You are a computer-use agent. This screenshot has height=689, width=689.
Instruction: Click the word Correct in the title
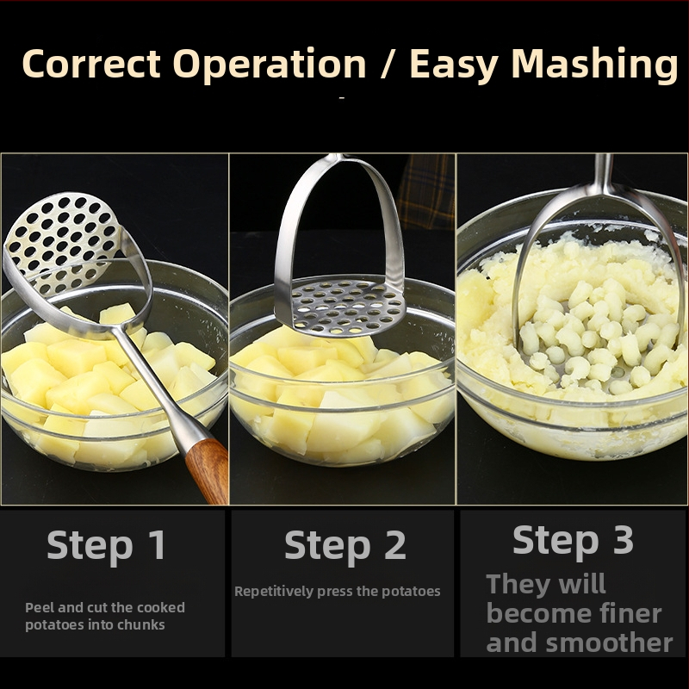[x=91, y=64]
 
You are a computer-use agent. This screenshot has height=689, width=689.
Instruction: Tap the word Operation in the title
[x=270, y=65]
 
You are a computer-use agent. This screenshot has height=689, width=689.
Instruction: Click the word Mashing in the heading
[x=594, y=65]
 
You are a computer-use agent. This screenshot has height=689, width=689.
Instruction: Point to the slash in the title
[x=388, y=64]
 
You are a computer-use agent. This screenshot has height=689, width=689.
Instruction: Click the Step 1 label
[x=106, y=545]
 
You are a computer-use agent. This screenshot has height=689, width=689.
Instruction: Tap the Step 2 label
[x=345, y=545]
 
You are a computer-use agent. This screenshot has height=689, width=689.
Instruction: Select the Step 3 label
[x=573, y=540]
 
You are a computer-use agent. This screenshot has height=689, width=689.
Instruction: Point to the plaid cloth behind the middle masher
[x=425, y=191]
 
